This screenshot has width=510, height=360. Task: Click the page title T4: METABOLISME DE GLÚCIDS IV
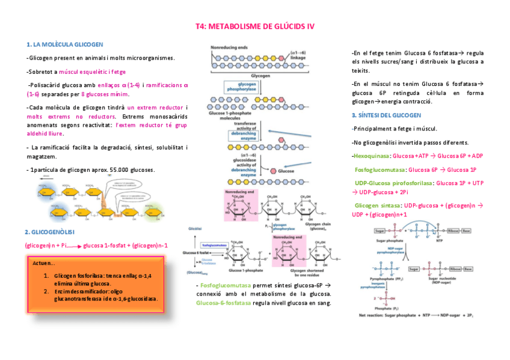pyautogui.click(x=255, y=27)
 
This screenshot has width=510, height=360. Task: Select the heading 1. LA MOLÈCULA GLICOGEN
pyautogui.click(x=66, y=44)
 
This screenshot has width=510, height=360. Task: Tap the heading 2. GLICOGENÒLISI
pyautogui.click(x=49, y=232)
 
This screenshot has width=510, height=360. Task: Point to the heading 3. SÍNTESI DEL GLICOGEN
pyautogui.click(x=386, y=115)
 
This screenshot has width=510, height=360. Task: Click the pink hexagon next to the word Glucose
pyautogui.click(x=273, y=171)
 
